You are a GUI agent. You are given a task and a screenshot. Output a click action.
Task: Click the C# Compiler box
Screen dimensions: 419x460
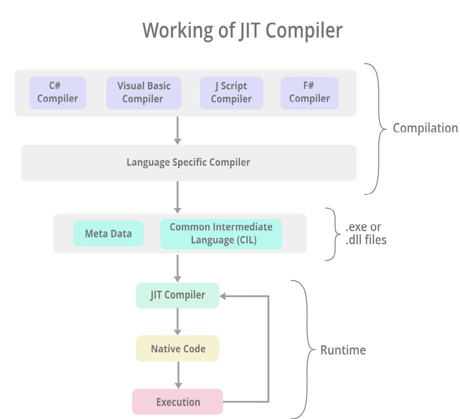[x=57, y=92]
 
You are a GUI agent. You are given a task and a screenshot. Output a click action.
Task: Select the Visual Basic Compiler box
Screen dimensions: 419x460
[x=143, y=92]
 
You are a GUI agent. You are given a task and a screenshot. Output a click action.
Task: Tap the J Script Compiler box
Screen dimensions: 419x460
[x=230, y=92]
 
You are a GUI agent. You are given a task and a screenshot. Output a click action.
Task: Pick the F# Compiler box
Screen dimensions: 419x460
[x=309, y=92]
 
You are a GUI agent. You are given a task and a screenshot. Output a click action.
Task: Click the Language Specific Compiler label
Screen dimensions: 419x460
[x=188, y=162]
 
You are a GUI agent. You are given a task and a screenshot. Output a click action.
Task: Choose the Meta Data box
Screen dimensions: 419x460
[x=108, y=233]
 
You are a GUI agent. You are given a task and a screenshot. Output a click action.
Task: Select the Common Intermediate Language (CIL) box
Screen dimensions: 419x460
[x=221, y=233]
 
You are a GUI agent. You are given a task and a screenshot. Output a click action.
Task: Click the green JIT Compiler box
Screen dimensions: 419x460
[x=177, y=295]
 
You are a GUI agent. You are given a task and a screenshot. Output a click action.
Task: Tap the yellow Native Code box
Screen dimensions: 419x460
[x=177, y=348]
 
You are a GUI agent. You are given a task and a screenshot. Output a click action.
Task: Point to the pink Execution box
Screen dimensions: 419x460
[x=177, y=402]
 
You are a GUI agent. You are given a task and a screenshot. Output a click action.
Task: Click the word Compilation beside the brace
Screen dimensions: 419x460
[x=425, y=128]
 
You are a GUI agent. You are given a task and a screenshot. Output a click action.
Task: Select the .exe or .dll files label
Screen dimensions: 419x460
[x=366, y=233]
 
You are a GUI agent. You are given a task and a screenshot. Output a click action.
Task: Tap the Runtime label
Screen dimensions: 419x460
[x=343, y=350]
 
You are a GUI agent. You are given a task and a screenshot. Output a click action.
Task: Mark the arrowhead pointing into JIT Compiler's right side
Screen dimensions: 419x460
[x=223, y=295]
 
